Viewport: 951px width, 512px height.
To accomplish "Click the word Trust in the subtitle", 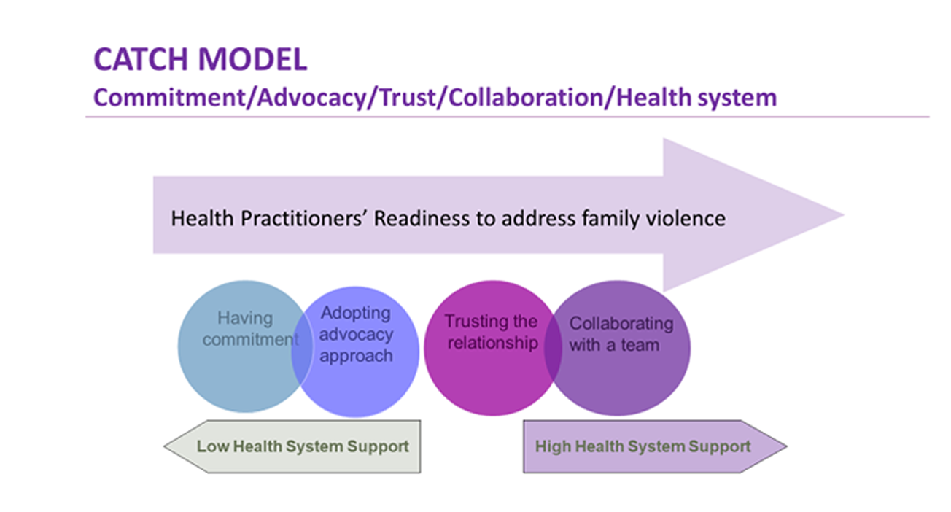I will pyautogui.click(x=410, y=97).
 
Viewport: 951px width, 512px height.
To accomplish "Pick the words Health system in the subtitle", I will pyautogui.click(x=696, y=97).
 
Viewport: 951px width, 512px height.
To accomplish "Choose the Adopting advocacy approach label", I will pyautogui.click(x=356, y=335).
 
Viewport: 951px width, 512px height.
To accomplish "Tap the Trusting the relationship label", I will pyautogui.click(x=491, y=332).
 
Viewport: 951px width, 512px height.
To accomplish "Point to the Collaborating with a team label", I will pyautogui.click(x=620, y=333).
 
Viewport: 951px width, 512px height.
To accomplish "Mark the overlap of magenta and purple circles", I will pyautogui.click(x=554, y=349).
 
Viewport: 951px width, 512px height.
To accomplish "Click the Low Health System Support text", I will pyautogui.click(x=302, y=446).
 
